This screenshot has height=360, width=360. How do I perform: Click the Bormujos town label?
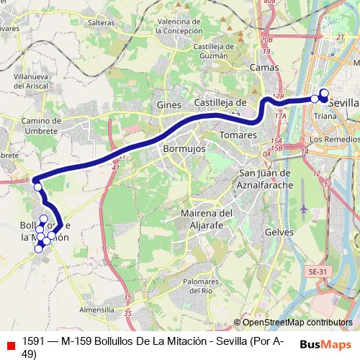[181, 148]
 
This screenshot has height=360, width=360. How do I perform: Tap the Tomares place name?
[238, 135]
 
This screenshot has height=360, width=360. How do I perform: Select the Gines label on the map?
[169, 105]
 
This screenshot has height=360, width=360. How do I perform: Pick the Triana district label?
[326, 116]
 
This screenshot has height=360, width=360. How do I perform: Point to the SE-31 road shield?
[318, 271]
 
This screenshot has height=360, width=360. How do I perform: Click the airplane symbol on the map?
[303, 208]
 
